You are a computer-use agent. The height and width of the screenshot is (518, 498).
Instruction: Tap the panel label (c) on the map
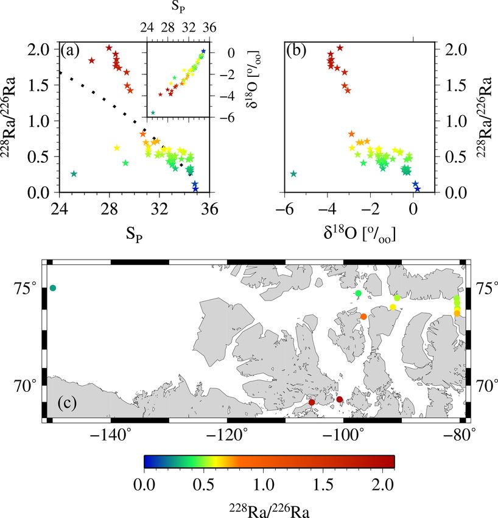(x=68, y=403)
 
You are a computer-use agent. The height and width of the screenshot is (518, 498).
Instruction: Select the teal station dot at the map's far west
(x=53, y=288)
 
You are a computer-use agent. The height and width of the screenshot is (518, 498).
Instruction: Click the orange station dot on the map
(x=363, y=316)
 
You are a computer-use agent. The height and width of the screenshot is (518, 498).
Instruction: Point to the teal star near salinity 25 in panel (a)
(x=74, y=174)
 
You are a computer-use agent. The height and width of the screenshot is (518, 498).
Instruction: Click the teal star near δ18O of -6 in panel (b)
(x=293, y=174)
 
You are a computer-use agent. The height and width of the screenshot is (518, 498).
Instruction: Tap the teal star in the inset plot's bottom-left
(x=153, y=113)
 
